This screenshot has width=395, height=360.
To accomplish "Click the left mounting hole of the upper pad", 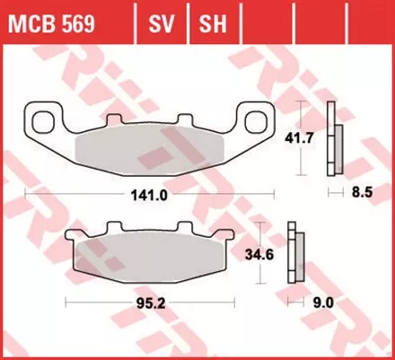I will (x=40, y=119).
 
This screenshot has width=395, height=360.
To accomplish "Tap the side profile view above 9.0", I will (x=294, y=256).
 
